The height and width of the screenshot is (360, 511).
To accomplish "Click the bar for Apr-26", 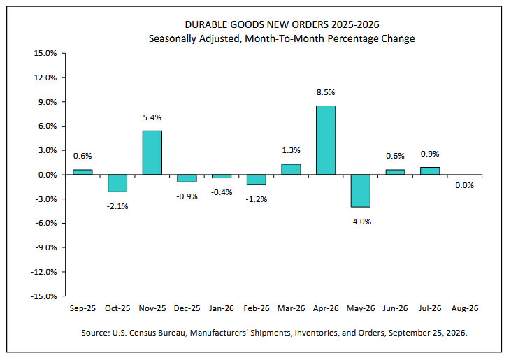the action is [x=326, y=140].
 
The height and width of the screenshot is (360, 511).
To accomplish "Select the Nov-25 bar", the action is [x=152, y=153].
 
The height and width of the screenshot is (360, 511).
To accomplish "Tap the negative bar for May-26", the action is [x=361, y=191].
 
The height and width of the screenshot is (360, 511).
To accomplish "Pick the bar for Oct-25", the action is [x=117, y=183].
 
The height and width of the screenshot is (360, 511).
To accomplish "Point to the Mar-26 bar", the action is [x=291, y=169].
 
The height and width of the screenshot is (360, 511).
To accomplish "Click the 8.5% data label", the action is [x=326, y=92].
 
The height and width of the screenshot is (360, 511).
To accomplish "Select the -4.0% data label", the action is [x=361, y=222].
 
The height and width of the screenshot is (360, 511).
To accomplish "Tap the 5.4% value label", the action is [x=152, y=117].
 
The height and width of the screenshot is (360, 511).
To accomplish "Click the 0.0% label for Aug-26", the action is [x=464, y=185].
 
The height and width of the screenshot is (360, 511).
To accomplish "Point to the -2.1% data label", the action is [x=117, y=206].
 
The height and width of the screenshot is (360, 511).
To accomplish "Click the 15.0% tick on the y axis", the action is [x=45, y=53].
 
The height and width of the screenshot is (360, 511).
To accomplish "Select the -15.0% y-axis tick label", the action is [x=43, y=296].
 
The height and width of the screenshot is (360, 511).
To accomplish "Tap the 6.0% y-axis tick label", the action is [x=48, y=126].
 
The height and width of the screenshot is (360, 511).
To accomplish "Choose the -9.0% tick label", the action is [x=45, y=247].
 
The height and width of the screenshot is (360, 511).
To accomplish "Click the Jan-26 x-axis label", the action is [x=222, y=308].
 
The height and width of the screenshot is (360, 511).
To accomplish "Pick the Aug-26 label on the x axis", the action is [x=465, y=308].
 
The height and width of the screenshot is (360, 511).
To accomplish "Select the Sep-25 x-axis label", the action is [x=82, y=308].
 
